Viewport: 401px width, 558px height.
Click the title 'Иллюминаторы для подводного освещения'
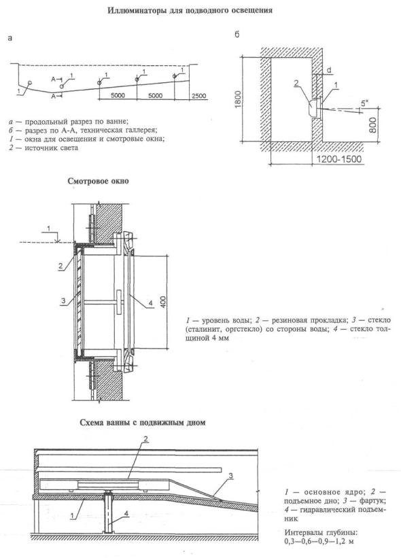tap(190, 10)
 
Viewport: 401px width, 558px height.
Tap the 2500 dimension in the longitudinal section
tap(198, 96)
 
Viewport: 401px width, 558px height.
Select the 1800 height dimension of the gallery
tap(238, 99)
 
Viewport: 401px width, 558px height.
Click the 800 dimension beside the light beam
tap(373, 125)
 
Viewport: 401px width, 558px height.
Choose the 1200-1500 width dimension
tap(339, 159)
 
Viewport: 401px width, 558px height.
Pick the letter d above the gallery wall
tap(329, 70)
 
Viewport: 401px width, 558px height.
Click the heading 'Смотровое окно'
tap(98, 181)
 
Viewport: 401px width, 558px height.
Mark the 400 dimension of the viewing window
tap(162, 302)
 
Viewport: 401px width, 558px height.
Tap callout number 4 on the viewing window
tap(150, 302)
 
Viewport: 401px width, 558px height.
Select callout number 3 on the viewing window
tap(63, 300)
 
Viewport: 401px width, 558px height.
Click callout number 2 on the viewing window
tap(60, 266)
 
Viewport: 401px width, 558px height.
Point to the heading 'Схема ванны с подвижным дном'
tap(143, 423)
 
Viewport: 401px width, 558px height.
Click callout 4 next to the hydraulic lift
tap(126, 513)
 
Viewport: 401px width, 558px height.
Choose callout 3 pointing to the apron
tap(230, 476)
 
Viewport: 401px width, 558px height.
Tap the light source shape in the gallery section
tap(313, 109)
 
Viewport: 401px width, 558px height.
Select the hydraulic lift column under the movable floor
tap(108, 512)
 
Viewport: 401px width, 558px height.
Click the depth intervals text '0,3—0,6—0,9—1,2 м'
tap(319, 542)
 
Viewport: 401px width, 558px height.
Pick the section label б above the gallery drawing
tap(237, 35)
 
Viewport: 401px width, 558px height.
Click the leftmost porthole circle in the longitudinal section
tap(30, 82)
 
